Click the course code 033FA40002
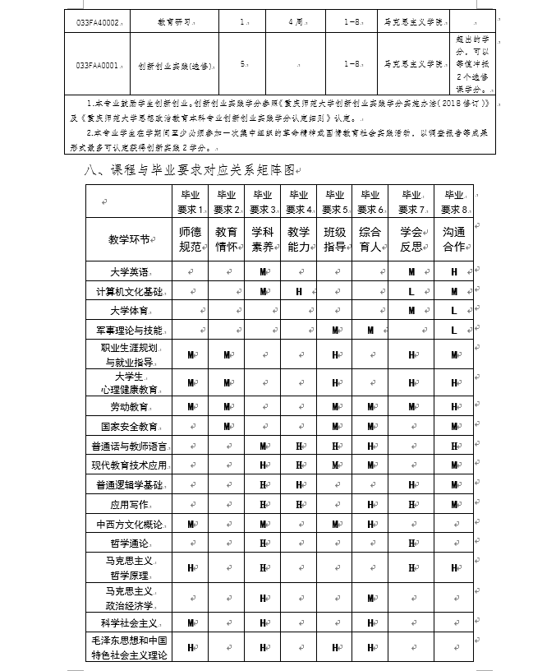click(97, 22)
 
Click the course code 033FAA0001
click(96, 62)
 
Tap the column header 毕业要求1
click(191, 201)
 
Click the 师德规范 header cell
click(191, 239)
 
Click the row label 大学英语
click(129, 271)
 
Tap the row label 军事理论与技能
click(129, 330)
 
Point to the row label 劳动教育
click(129, 407)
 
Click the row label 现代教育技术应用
click(129, 465)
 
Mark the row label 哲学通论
click(129, 544)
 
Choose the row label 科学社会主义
click(129, 622)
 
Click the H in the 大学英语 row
click(453, 271)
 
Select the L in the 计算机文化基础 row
click(411, 291)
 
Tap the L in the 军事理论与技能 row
click(453, 330)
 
